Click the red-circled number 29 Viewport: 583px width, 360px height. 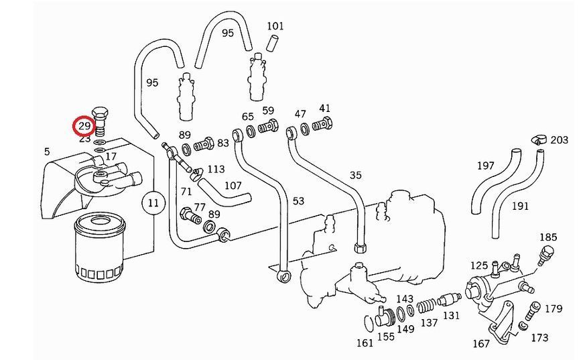tap(84, 126)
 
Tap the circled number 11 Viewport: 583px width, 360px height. tap(153, 203)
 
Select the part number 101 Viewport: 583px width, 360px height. tap(275, 26)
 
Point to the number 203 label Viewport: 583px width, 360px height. tap(559, 140)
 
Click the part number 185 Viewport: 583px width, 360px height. tap(548, 237)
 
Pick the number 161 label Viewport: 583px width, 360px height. tap(365, 343)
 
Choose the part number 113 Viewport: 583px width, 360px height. tap(216, 169)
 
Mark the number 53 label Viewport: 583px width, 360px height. tap(298, 201)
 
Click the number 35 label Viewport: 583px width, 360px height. tap(355, 175)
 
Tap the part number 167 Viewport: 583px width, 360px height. tap(480, 343)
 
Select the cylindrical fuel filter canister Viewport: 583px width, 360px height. tap(100, 247)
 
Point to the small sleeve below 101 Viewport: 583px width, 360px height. tap(273, 42)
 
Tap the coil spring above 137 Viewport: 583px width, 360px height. tap(426, 306)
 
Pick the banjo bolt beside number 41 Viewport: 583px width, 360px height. tap(322, 124)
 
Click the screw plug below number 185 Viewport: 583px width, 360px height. tap(545, 253)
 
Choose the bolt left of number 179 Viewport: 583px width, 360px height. tap(531, 310)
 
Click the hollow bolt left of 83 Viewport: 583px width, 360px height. tap(204, 144)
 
